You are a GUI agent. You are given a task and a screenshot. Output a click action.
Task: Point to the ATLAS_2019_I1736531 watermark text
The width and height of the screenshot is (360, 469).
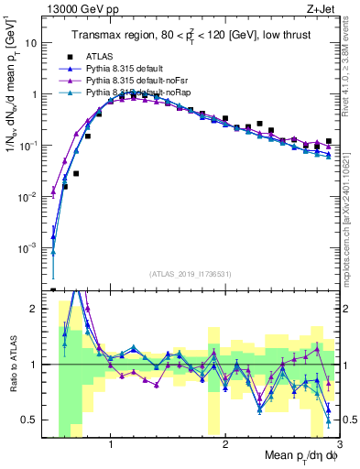coord(191,273)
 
